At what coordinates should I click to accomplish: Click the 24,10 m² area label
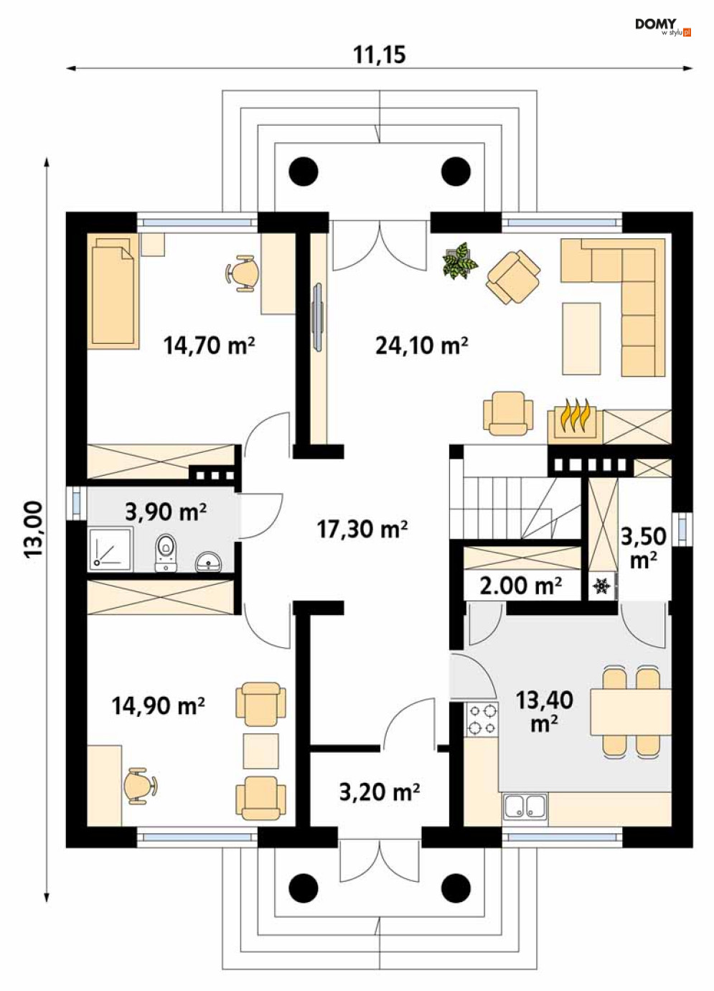point(422,346)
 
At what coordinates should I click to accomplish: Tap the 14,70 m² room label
point(209,346)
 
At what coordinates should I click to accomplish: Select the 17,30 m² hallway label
point(362,529)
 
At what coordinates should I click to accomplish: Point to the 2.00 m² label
point(521,586)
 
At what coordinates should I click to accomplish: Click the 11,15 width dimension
point(379,55)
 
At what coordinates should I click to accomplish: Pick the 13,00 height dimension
point(34,529)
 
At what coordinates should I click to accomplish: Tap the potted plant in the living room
point(460,261)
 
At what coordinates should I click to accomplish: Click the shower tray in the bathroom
point(111,549)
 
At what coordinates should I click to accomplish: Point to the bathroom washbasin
point(208,561)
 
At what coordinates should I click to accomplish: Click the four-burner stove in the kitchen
point(482,720)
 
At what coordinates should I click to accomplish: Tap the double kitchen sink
point(525,806)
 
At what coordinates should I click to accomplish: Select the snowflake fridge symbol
point(601,587)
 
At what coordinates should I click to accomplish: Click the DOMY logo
point(662,27)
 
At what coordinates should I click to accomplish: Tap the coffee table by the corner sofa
point(581,339)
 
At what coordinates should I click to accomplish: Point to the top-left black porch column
point(304,172)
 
